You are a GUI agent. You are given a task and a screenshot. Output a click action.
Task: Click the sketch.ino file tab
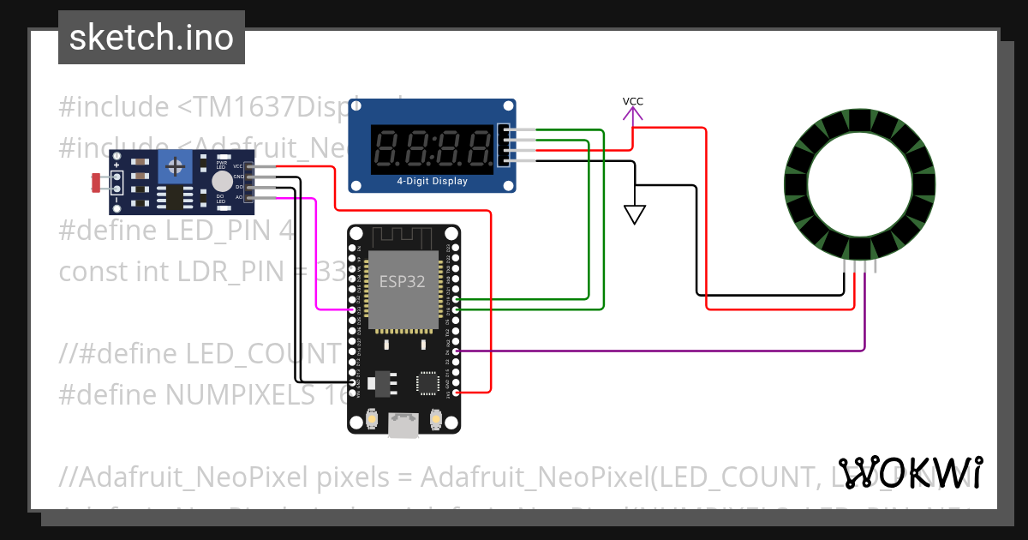point(152,38)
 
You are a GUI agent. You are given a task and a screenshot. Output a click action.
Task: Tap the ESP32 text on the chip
point(402,281)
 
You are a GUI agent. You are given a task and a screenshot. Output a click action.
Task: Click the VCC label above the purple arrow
point(632,101)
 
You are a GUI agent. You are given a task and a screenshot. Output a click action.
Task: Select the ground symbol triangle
point(634,214)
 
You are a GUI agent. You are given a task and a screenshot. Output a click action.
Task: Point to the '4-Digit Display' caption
point(432,181)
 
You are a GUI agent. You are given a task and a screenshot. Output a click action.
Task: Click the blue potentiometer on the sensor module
point(175,164)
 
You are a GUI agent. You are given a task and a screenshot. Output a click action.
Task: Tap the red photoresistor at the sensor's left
point(96,182)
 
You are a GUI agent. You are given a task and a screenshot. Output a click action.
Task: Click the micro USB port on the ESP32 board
point(403,424)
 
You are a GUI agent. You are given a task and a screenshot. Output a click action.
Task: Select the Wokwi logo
point(911,473)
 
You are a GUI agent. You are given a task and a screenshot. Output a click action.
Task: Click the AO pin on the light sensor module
point(249,197)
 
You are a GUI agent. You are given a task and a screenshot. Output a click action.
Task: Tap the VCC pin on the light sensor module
point(249,166)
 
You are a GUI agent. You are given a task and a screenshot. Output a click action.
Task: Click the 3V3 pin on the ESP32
point(456,392)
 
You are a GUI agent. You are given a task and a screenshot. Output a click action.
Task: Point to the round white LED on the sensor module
point(222,181)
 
